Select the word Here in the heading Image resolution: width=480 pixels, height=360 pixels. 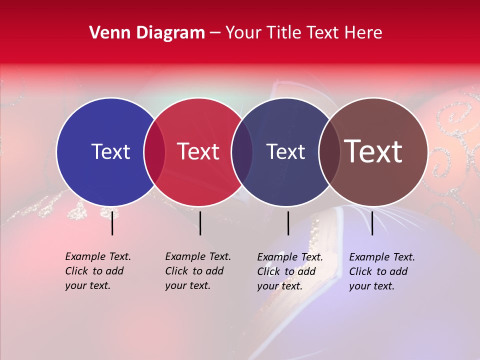click(x=364, y=33)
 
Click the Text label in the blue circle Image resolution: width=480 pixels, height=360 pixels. click(x=110, y=151)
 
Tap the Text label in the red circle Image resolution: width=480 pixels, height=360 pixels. click(x=198, y=151)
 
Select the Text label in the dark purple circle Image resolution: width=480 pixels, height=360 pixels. click(x=286, y=151)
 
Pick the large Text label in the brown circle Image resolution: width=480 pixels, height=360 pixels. click(x=373, y=151)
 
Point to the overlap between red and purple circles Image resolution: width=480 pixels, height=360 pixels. click(x=242, y=151)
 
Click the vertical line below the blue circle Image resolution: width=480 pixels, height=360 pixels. click(x=112, y=223)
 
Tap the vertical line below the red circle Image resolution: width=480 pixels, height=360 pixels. click(x=200, y=223)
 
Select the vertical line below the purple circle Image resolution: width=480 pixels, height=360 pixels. click(x=288, y=223)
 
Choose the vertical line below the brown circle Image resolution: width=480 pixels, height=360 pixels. click(x=372, y=223)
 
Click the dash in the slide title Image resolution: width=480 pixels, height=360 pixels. click(x=215, y=33)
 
